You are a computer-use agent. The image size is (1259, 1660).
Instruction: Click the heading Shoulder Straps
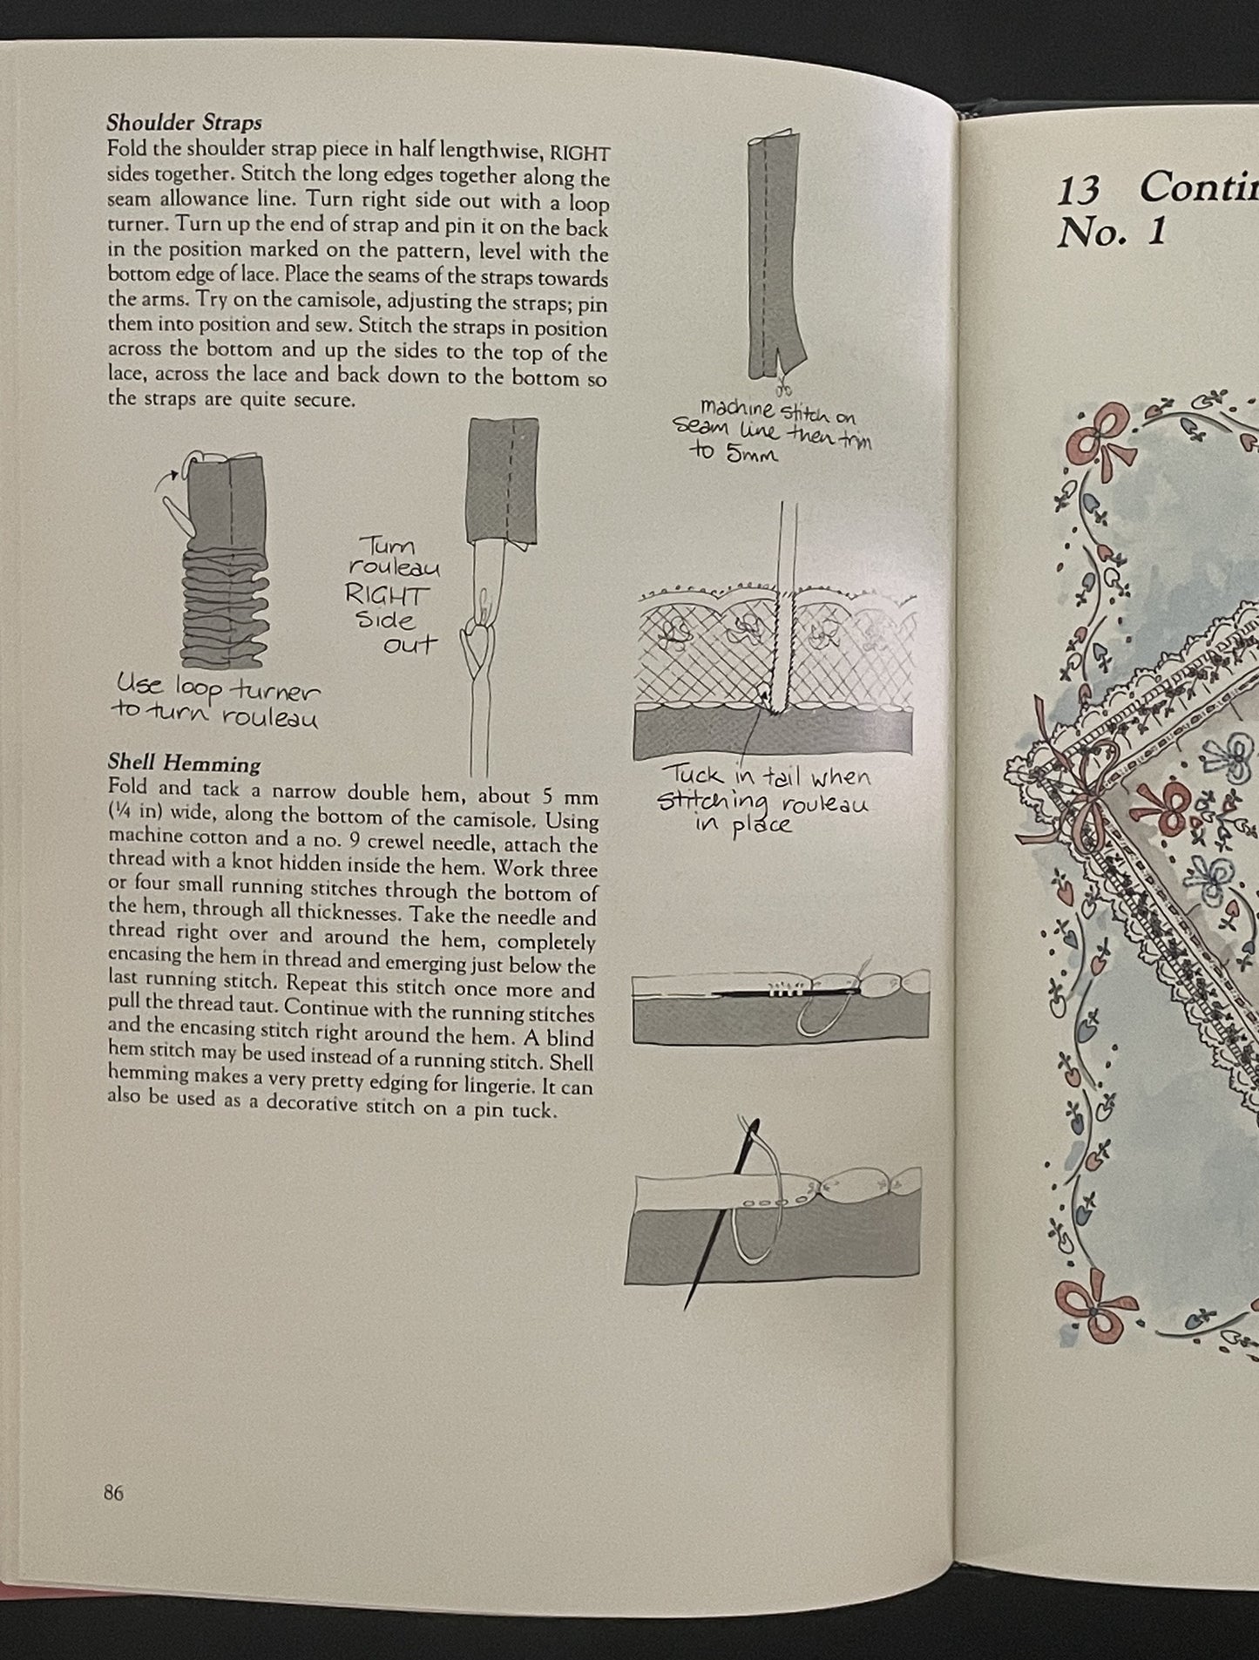click(184, 123)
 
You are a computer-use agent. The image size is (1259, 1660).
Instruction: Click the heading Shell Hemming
click(184, 764)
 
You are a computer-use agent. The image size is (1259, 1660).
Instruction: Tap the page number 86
click(113, 1492)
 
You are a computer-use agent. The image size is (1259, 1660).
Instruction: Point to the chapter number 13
click(1079, 191)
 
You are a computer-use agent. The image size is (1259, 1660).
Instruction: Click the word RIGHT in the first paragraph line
click(579, 153)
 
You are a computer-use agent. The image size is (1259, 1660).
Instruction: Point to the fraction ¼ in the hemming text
click(118, 818)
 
